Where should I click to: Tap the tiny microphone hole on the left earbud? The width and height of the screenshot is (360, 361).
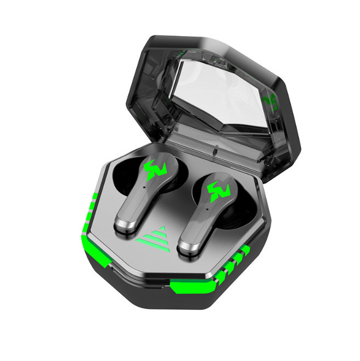coord(144,187)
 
